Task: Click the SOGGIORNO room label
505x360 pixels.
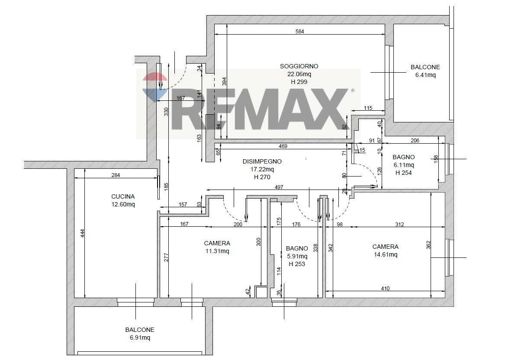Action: coord(299,66)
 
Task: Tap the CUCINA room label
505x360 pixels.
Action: coord(123,196)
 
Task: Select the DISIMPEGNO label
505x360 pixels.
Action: coord(262,161)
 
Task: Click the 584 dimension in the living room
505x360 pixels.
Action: coord(299,32)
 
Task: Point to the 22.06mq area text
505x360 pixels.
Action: coord(299,74)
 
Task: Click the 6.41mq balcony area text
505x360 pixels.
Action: coord(425,75)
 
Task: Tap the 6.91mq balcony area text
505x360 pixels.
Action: coord(140,337)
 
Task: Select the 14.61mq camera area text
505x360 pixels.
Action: coord(386,254)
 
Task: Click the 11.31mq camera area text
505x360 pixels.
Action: coord(217,251)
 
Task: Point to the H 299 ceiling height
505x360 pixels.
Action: coord(299,82)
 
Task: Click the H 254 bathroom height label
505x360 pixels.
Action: coord(404,173)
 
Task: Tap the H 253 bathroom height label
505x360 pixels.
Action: coord(296,264)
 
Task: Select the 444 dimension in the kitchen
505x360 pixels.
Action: coord(82,234)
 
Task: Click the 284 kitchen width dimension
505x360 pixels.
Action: coord(115,175)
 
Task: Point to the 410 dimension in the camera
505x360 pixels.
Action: coord(385,289)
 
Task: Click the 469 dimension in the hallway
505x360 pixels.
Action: coord(283,146)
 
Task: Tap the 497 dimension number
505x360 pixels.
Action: coord(279,187)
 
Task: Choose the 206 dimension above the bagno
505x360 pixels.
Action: coord(415,140)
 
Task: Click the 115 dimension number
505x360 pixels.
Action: coord(368,108)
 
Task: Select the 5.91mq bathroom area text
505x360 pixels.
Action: coord(296,256)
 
